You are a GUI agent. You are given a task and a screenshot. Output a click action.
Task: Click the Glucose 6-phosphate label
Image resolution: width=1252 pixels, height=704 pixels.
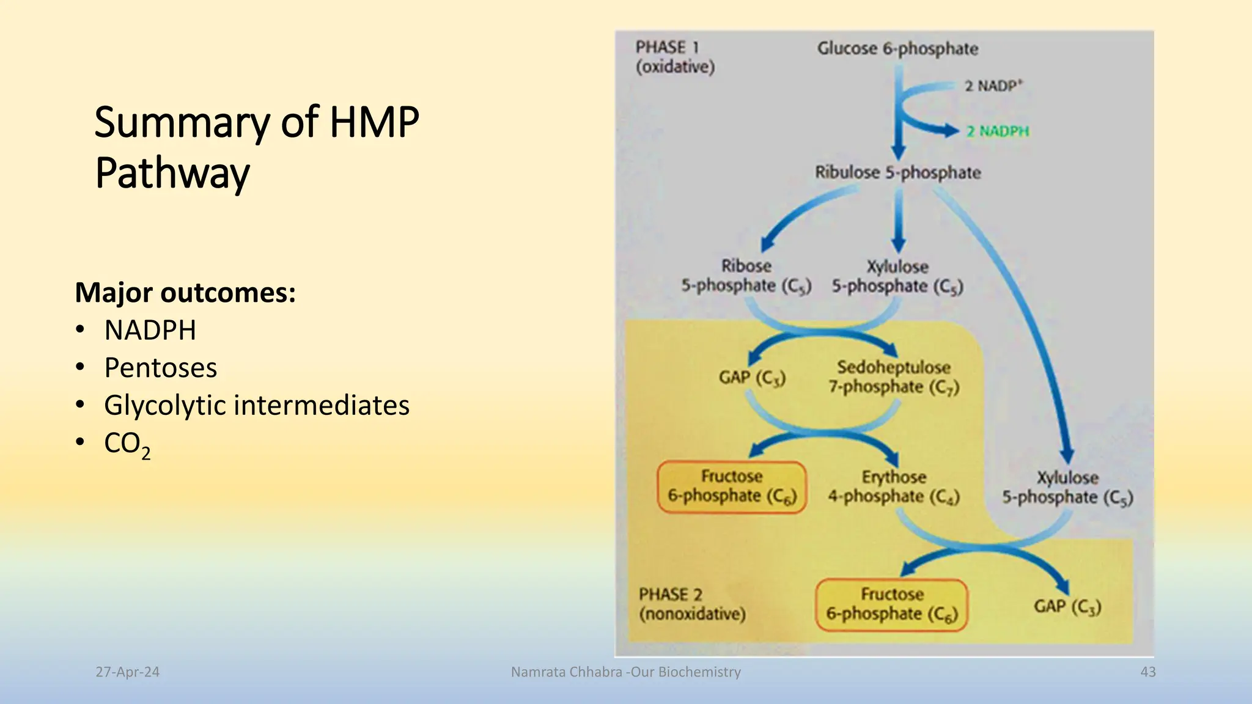897,49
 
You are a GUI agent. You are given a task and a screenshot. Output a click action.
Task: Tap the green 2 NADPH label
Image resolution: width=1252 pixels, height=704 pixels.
998,131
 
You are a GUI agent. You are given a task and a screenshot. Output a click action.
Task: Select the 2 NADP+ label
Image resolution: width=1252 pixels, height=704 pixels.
993,86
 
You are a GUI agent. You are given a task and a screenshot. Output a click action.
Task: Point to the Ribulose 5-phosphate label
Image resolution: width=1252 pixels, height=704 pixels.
897,173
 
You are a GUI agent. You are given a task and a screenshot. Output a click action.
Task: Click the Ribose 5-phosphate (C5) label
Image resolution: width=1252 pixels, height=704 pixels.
746,276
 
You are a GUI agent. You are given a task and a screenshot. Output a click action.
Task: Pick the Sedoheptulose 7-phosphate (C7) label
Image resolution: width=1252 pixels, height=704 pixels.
894,377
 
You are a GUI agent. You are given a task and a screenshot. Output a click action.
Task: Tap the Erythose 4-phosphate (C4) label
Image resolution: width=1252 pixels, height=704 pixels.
894,487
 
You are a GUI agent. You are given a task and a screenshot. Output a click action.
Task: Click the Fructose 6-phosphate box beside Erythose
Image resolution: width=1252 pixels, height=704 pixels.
732,486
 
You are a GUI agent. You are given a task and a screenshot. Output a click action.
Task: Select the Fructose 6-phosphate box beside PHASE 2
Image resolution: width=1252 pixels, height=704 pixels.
892,604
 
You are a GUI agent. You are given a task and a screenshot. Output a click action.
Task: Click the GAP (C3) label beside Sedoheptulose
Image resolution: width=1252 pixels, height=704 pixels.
752,378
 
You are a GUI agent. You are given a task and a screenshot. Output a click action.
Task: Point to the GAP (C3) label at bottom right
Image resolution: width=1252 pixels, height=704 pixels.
1067,606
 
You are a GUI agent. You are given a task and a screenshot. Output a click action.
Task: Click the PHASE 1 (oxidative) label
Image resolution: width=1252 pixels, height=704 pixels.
674,57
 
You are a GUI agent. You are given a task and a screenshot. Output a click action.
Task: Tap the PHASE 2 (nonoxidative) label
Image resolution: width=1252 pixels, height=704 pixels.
692,604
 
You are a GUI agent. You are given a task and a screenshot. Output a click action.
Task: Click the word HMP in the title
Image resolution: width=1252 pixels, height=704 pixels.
374,122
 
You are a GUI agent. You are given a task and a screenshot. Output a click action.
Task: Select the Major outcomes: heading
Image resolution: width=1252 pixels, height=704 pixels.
185,292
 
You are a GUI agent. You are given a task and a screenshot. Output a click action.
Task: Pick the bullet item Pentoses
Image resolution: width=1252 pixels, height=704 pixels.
160,368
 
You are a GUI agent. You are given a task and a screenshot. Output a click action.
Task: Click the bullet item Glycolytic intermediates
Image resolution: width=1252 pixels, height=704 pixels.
257,405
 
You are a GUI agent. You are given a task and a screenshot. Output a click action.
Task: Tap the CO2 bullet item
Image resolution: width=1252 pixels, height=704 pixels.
127,444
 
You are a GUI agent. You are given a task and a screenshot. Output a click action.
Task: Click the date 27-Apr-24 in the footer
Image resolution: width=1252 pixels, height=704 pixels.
127,672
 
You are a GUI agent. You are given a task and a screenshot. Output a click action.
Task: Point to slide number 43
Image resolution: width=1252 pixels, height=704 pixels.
1148,672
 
